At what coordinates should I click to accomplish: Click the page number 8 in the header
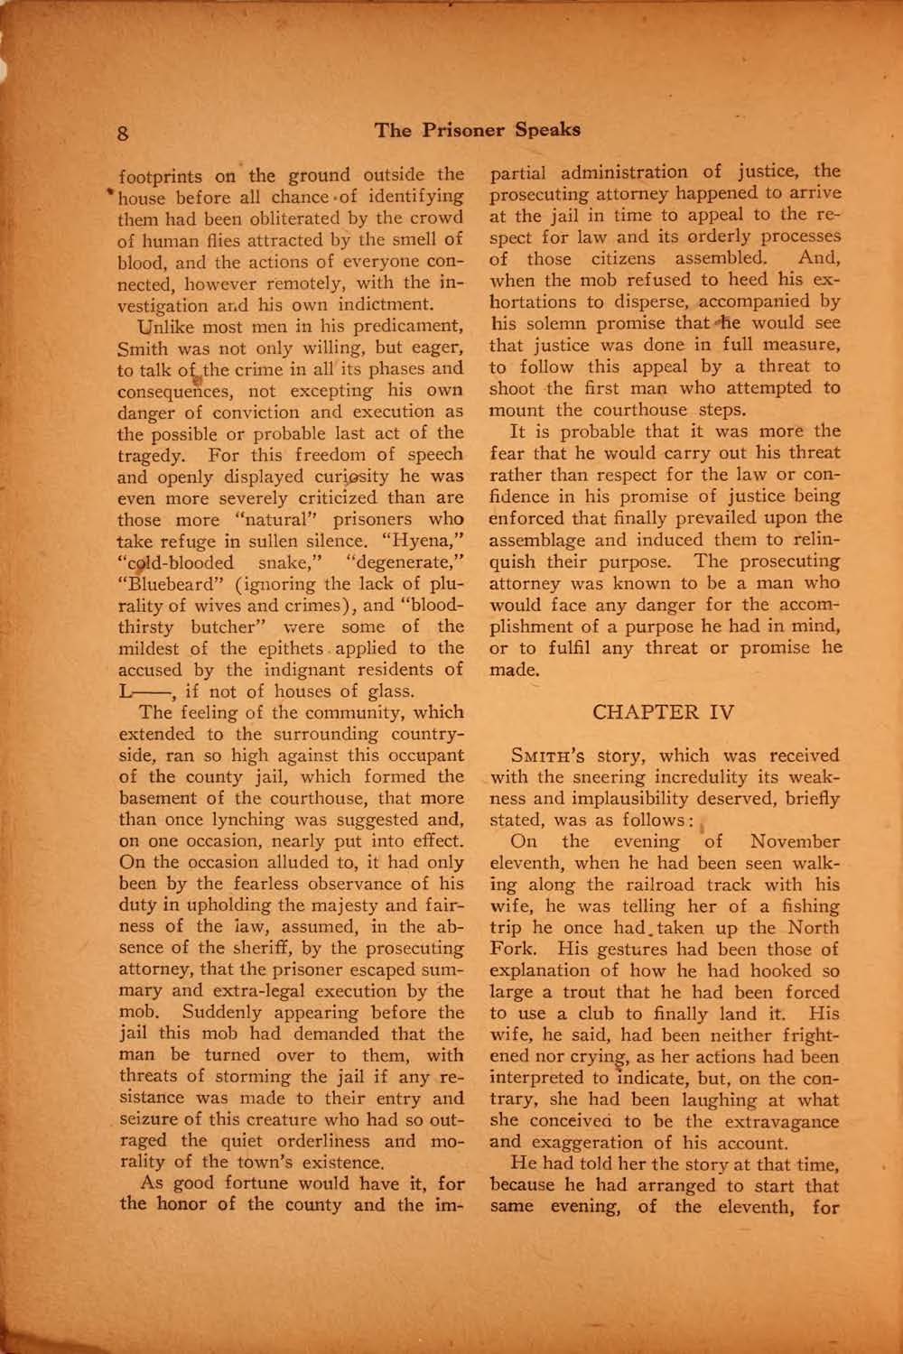click(125, 133)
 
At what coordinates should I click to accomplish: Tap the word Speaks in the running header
click(547, 129)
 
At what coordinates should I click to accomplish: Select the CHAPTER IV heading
click(664, 712)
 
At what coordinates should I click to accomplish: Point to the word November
click(796, 841)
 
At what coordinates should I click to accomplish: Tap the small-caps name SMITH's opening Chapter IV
click(551, 756)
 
